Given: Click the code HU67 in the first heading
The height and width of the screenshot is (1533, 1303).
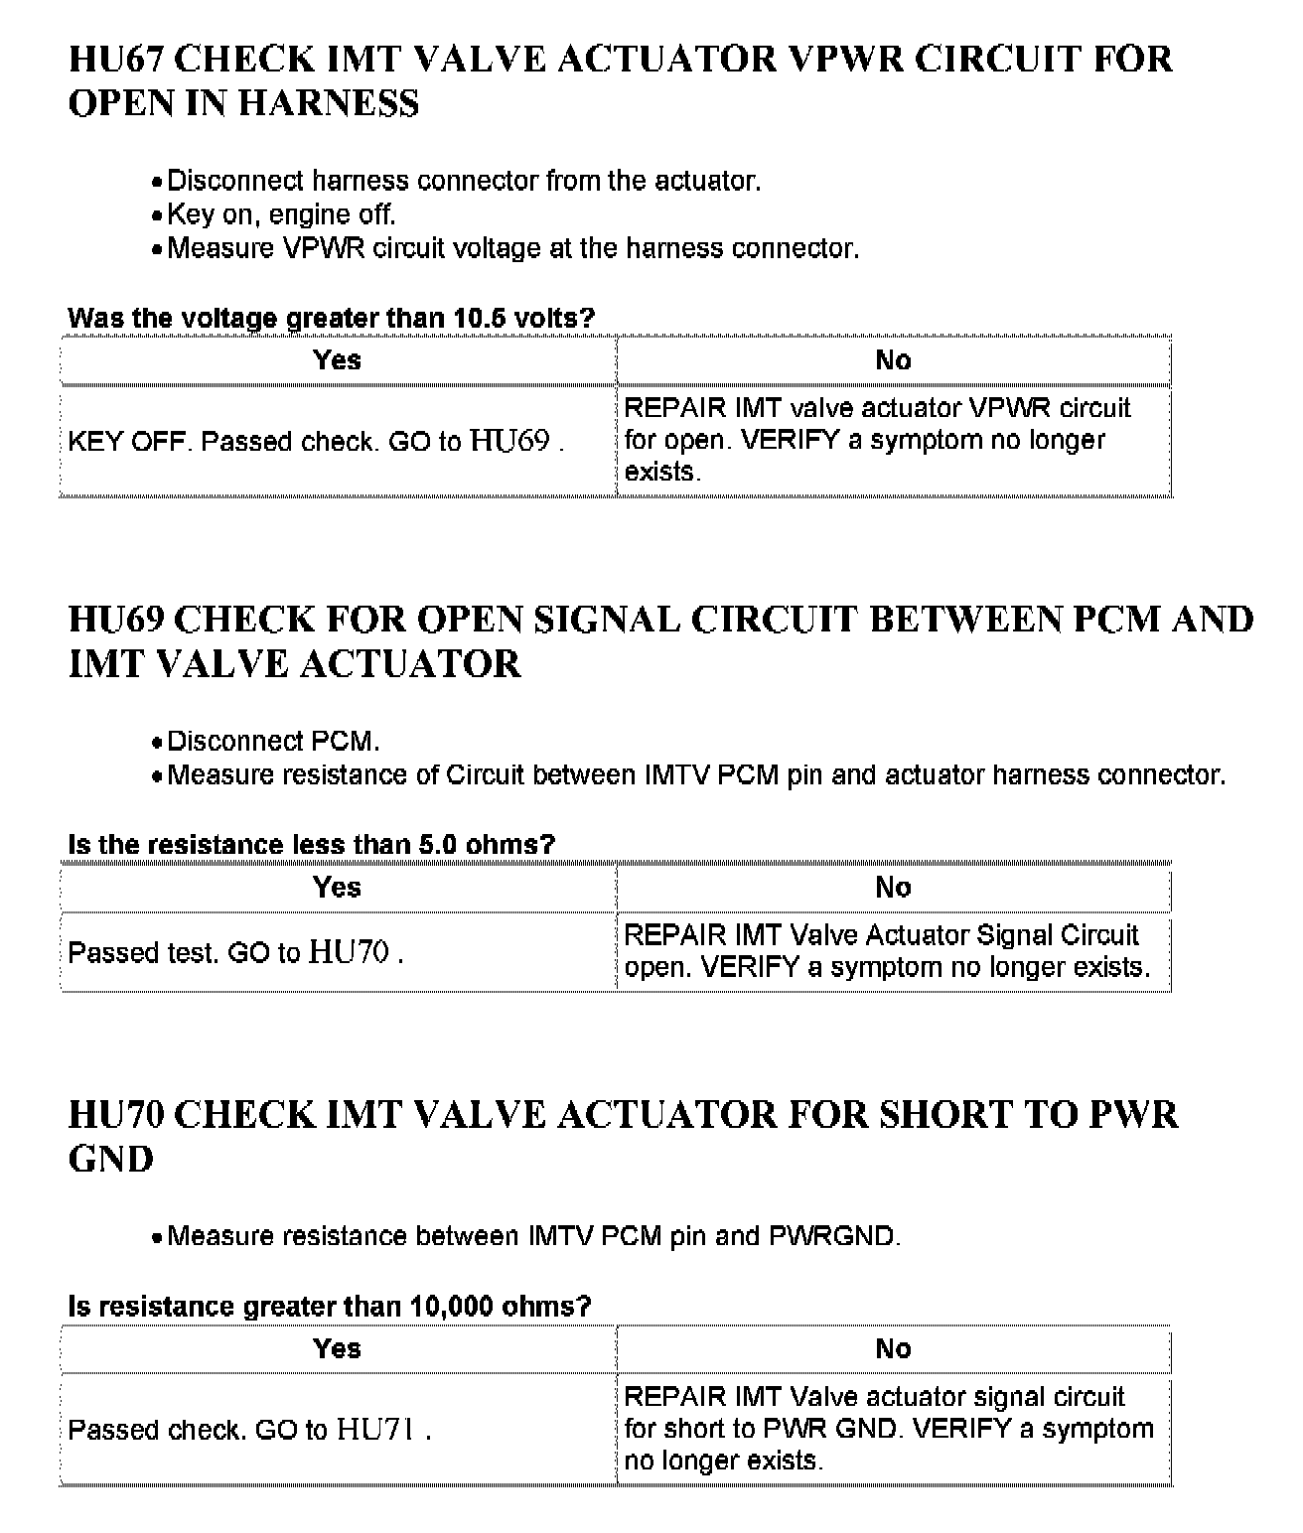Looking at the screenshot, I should [116, 60].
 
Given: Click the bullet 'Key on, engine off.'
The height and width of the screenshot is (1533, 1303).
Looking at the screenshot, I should [281, 214].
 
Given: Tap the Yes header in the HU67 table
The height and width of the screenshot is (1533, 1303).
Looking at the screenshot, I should [337, 360].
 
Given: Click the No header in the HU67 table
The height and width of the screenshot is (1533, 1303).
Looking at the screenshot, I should [893, 360].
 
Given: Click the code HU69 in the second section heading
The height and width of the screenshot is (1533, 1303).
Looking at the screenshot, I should [116, 620].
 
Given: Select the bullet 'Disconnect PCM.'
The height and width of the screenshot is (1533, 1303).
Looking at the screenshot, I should [273, 742].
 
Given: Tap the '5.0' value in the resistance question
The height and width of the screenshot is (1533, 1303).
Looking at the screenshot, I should [434, 845].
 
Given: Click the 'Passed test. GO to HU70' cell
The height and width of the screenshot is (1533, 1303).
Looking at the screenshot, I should [235, 953].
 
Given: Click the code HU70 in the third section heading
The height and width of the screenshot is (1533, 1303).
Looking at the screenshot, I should [116, 1115].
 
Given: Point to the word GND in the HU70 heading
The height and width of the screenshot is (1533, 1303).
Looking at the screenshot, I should [110, 1160].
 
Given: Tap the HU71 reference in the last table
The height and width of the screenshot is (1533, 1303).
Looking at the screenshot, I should [375, 1430].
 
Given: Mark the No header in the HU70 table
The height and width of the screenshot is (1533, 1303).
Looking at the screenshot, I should [893, 1348].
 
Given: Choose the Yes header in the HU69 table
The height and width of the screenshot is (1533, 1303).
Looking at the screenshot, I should [337, 888].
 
